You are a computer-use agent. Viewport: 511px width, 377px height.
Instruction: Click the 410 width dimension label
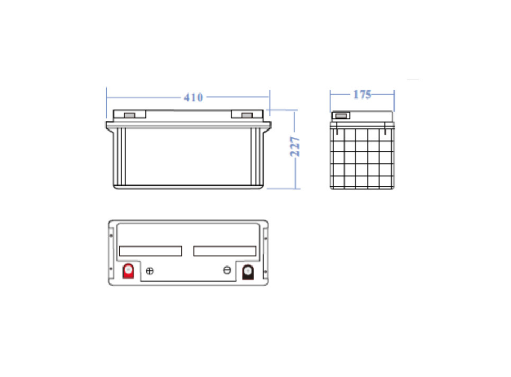pyautogui.click(x=193, y=97)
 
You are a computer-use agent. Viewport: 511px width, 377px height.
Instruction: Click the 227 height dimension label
pyautogui.click(x=294, y=146)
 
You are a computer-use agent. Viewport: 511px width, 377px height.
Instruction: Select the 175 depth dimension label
pyautogui.click(x=362, y=95)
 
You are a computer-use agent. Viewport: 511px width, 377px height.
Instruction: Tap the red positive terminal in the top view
pyautogui.click(x=128, y=271)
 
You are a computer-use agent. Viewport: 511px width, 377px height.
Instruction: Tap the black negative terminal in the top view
pyautogui.click(x=248, y=272)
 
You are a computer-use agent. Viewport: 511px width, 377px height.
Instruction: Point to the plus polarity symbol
pyautogui.click(x=150, y=271)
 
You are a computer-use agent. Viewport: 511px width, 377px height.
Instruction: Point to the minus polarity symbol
pyautogui.click(x=227, y=270)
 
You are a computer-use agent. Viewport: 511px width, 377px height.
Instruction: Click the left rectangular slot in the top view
pyautogui.click(x=151, y=251)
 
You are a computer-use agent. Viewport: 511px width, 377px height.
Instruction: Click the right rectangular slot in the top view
pyautogui.click(x=225, y=251)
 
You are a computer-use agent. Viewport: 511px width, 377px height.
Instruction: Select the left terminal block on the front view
pyautogui.click(x=130, y=114)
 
